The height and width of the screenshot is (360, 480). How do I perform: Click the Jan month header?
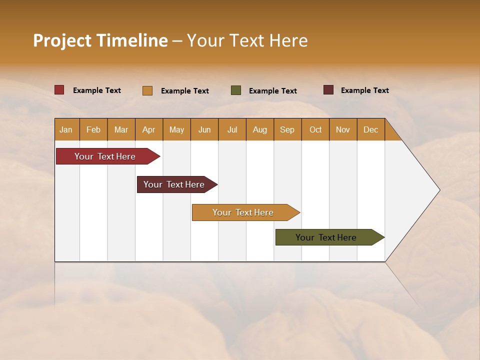(x=66, y=129)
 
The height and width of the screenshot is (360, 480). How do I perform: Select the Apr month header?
(x=149, y=129)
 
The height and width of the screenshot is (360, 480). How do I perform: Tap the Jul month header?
(x=232, y=129)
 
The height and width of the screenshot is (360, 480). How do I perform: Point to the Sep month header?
(x=287, y=129)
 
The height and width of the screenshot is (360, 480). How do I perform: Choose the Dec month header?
(x=370, y=129)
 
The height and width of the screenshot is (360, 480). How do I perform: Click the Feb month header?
(x=93, y=129)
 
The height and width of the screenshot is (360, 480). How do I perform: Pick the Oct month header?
(x=315, y=129)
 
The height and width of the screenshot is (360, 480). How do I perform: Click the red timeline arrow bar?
(x=105, y=156)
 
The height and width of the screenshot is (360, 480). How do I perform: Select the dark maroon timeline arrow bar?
(x=174, y=184)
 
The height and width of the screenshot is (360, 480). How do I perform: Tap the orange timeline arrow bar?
(x=243, y=212)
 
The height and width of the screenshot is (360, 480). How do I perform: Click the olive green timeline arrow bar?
(x=326, y=237)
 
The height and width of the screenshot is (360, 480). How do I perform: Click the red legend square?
(x=59, y=90)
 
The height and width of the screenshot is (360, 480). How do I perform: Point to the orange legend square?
(x=147, y=90)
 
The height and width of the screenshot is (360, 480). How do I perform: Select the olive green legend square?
(x=236, y=90)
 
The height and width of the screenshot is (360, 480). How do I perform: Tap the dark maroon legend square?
(x=328, y=90)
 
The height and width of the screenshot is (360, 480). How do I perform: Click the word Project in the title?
(x=61, y=40)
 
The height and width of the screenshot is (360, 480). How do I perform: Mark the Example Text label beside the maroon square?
(x=364, y=90)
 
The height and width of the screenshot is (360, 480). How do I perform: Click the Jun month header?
(x=204, y=129)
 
